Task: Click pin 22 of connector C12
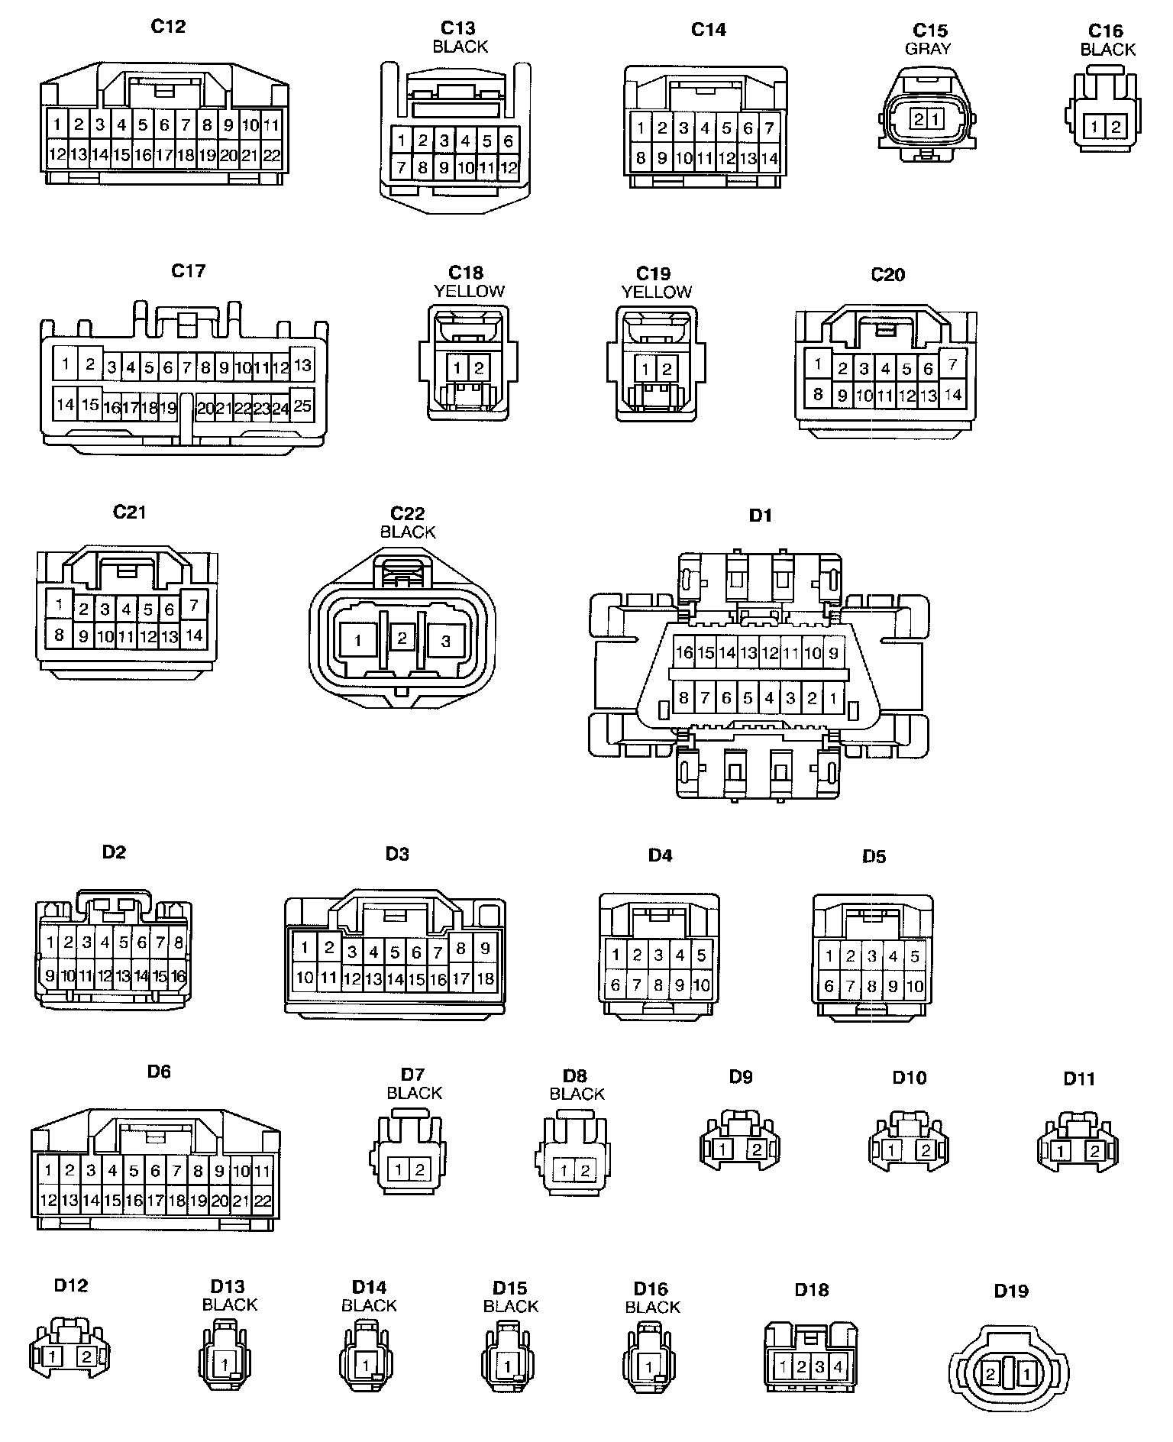tap(271, 156)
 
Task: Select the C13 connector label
tap(458, 29)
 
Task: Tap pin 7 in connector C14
tap(769, 128)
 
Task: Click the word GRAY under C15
tap(928, 49)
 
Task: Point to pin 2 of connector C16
tap(1116, 127)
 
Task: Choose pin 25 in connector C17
tap(302, 406)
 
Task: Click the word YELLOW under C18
tap(469, 291)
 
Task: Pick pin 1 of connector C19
tap(646, 370)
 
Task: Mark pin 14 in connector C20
tap(952, 395)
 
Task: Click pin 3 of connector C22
tap(446, 641)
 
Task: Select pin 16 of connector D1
tap(684, 653)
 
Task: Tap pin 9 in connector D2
tap(50, 975)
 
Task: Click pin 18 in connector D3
tap(485, 978)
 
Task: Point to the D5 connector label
tap(874, 856)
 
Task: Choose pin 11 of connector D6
tap(262, 1171)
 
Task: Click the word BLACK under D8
tap(577, 1094)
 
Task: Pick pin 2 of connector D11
tap(1095, 1151)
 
